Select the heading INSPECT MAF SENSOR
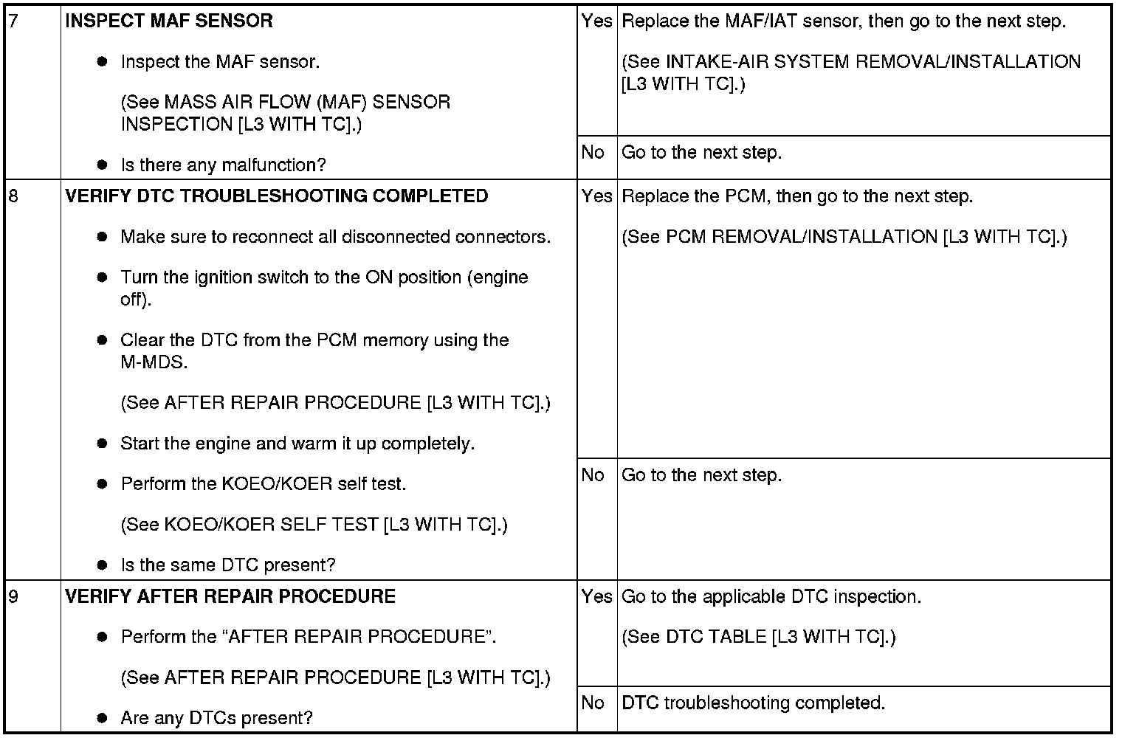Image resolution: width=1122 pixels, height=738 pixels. [169, 21]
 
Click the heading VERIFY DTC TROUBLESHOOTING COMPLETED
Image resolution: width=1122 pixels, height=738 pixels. [277, 196]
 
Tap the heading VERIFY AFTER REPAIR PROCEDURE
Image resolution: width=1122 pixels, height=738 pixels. [230, 596]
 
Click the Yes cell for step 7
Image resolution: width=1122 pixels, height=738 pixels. [596, 21]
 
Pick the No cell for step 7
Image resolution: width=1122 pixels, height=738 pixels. [593, 153]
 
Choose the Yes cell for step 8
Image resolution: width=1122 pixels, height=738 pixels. [596, 196]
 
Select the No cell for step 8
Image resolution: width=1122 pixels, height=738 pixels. [593, 475]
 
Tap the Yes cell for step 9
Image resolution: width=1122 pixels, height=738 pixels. [596, 596]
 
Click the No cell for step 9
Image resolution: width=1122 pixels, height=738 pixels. [593, 703]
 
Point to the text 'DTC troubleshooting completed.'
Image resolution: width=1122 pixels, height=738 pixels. [753, 703]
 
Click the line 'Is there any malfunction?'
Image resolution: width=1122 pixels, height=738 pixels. [223, 165]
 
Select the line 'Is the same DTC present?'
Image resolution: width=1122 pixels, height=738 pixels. [227, 565]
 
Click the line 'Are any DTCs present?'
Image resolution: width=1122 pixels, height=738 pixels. [216, 718]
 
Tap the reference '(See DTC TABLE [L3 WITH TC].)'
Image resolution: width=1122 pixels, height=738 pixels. [758, 637]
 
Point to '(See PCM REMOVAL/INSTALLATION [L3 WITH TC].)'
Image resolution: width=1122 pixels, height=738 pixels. [844, 237]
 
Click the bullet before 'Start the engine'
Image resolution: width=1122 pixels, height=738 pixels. [103, 444]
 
